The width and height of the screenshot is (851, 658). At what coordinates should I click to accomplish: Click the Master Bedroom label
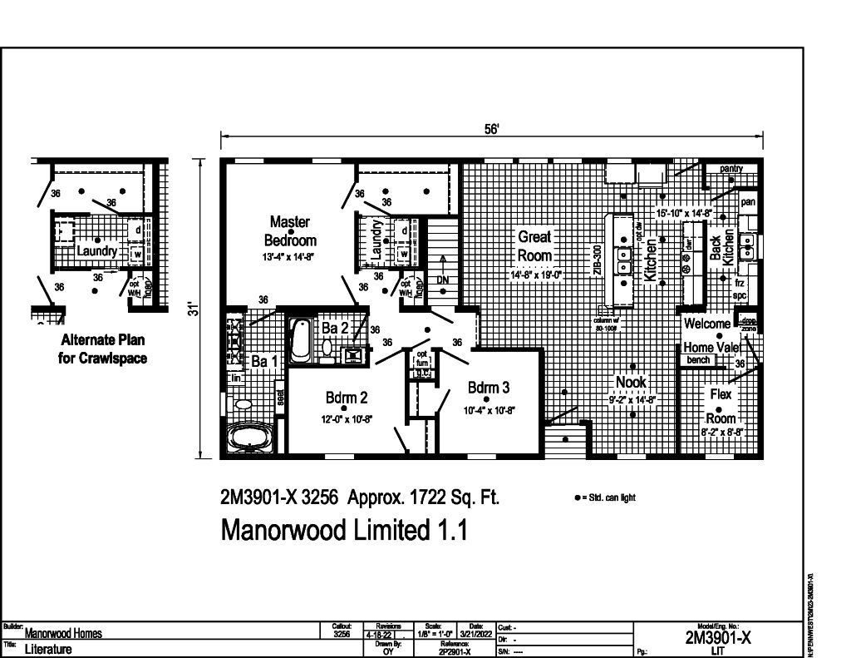(x=290, y=230)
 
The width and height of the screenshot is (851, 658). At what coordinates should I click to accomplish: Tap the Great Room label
(x=534, y=246)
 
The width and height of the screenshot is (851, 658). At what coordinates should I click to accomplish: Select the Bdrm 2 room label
(x=347, y=398)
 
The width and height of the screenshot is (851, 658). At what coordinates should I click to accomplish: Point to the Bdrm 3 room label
(x=488, y=388)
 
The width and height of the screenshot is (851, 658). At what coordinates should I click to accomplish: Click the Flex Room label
(x=720, y=406)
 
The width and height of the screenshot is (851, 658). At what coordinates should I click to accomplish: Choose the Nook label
(x=631, y=382)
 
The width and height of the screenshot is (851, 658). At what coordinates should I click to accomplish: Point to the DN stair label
(x=442, y=280)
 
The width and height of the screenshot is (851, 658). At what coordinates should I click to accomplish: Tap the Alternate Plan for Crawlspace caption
(x=103, y=349)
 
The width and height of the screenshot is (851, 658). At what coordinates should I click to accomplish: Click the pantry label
(x=730, y=169)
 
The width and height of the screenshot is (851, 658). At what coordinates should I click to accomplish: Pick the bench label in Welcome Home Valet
(x=697, y=360)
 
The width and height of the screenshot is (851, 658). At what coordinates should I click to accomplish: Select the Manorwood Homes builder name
(x=64, y=633)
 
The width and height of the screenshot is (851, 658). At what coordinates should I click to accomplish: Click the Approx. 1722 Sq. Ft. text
(x=423, y=497)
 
